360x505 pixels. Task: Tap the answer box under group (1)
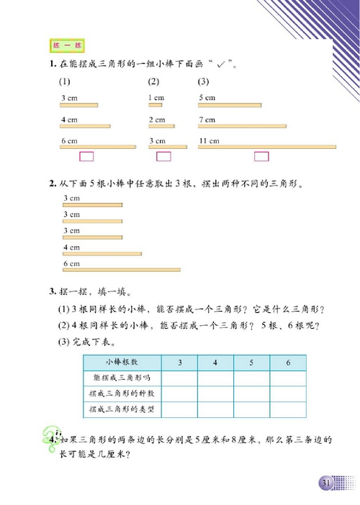tap(87, 156)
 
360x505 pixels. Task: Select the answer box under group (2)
tap(163, 156)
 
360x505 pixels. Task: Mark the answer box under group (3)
tap(261, 156)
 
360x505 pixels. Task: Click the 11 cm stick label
tap(209, 140)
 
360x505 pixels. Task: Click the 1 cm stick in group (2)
tap(155, 105)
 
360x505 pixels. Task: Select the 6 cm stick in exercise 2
tap(121, 270)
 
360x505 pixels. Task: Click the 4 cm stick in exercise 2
tap(102, 254)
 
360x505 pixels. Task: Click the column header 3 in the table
tap(179, 362)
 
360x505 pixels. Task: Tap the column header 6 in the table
tap(287, 362)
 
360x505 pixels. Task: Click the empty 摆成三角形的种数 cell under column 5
tap(251, 393)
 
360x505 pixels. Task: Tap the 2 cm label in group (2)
tap(156, 119)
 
